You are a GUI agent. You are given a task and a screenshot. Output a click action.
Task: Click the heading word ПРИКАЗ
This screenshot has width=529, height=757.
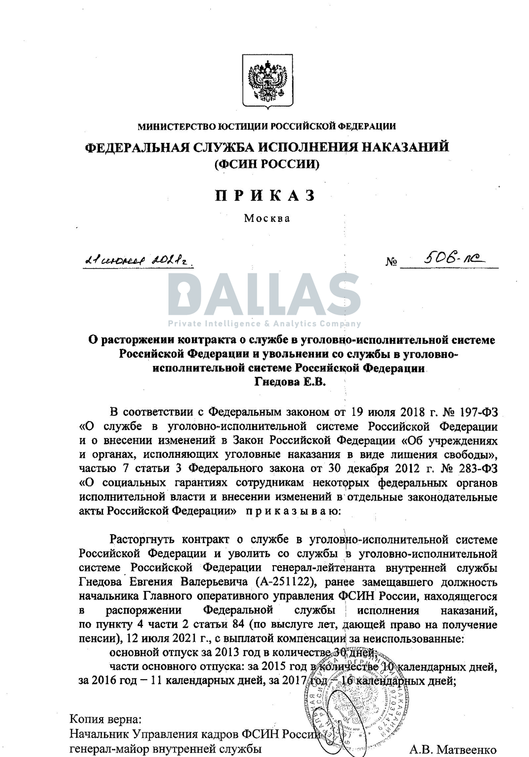pos(266,196)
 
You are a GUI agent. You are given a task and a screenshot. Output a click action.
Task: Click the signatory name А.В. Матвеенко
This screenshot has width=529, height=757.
pos(452,750)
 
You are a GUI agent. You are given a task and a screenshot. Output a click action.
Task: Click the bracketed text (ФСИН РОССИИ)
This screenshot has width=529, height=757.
pos(267,165)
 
